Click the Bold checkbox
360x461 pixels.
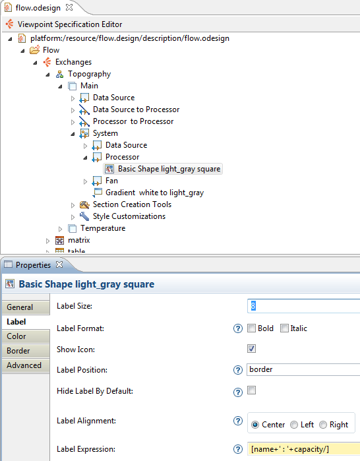251,328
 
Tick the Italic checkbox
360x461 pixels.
284,328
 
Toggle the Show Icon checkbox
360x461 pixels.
252,349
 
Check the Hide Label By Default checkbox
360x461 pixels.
252,390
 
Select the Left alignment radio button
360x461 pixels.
294,425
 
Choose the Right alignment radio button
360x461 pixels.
323,425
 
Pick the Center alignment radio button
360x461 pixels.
255,425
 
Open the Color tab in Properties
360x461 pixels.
26,336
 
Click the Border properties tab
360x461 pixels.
26,351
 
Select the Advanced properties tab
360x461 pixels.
26,365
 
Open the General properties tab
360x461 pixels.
26,307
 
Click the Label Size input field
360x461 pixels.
304,306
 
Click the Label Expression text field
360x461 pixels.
304,449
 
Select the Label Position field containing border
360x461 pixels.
303,369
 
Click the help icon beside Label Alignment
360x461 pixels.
238,421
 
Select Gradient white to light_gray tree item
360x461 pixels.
154,193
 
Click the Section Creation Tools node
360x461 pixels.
132,204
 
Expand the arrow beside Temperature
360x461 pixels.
60,229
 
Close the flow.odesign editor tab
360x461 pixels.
69,8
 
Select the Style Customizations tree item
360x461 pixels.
129,216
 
